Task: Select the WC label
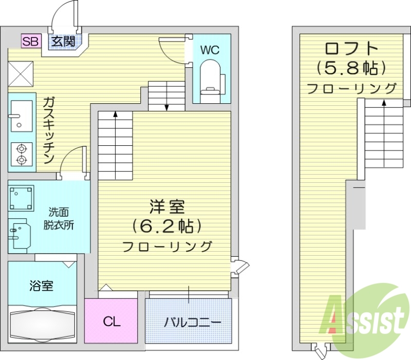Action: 210,50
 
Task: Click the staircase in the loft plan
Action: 383,135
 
